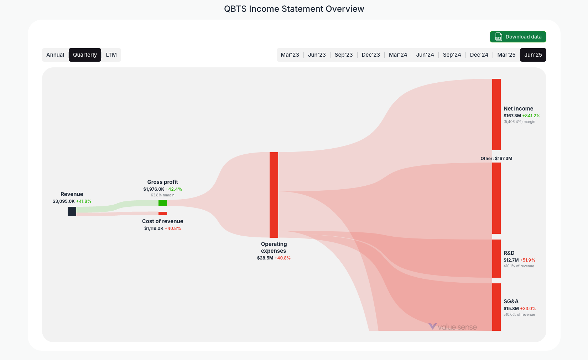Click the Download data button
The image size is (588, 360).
(x=518, y=37)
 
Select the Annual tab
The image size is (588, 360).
(x=55, y=55)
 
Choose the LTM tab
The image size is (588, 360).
(x=111, y=55)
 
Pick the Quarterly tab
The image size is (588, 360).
(x=85, y=55)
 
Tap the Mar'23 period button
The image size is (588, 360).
(x=290, y=55)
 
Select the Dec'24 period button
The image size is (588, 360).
(x=479, y=55)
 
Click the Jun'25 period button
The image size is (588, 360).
(x=533, y=55)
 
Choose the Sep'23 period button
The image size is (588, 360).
(x=344, y=55)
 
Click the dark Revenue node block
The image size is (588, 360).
(x=72, y=211)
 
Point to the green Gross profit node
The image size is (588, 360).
(x=163, y=203)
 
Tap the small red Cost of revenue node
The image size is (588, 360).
(x=163, y=213)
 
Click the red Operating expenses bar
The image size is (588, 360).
(x=274, y=195)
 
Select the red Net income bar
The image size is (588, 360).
(x=496, y=114)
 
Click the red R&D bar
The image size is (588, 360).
(x=496, y=258)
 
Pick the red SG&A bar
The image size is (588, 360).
(x=496, y=307)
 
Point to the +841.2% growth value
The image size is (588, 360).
(x=531, y=116)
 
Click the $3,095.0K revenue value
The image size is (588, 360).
(x=64, y=201)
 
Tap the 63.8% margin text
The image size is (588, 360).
(x=163, y=195)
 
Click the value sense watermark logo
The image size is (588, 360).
(x=453, y=327)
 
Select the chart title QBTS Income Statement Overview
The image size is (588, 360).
(x=294, y=9)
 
